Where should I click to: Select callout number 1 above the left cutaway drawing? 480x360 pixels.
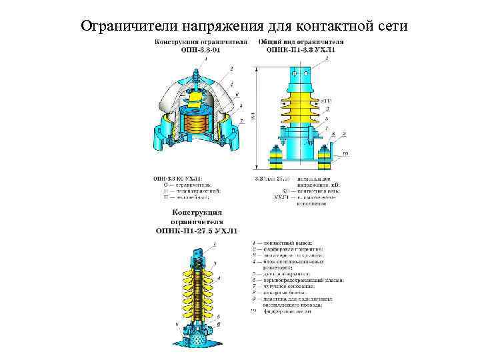[206, 59]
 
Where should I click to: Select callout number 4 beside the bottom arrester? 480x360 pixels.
[221, 277]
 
